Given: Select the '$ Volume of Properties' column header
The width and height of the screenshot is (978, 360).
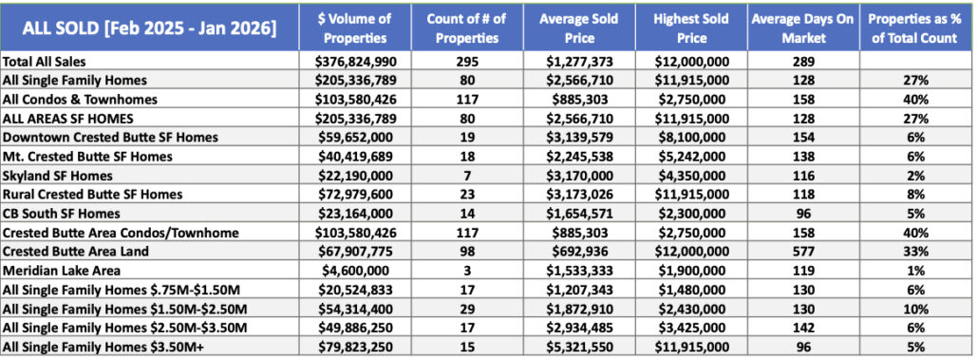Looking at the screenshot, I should pyautogui.click(x=354, y=28).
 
